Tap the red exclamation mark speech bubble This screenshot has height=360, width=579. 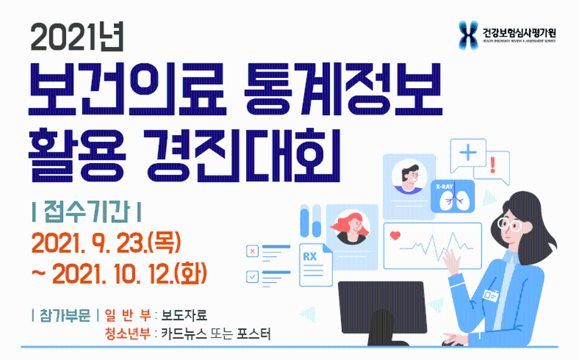(492, 166)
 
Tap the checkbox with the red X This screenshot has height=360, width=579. (253, 252)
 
